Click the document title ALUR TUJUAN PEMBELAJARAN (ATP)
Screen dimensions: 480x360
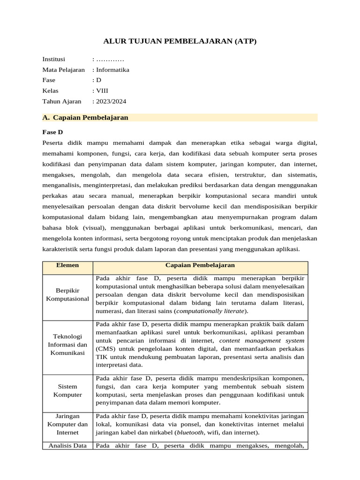tap(180, 42)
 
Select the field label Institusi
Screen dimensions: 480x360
tap(54, 60)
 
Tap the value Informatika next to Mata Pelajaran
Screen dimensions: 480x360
tap(112, 70)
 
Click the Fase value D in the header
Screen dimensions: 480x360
tap(98, 80)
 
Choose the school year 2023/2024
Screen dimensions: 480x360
tap(111, 101)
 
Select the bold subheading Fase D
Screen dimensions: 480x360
tap(52, 132)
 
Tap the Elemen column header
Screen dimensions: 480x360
tap(67, 265)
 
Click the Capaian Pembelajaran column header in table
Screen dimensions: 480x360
tap(200, 265)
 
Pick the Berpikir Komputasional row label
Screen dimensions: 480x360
tap(67, 295)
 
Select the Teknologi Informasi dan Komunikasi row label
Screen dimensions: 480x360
tap(67, 345)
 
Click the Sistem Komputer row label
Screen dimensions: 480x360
tap(67, 391)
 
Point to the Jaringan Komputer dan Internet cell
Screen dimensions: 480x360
tap(67, 424)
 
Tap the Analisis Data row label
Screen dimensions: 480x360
tap(67, 446)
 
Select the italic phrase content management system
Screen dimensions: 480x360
tap(262, 341)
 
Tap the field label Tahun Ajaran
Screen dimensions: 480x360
tap(62, 101)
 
